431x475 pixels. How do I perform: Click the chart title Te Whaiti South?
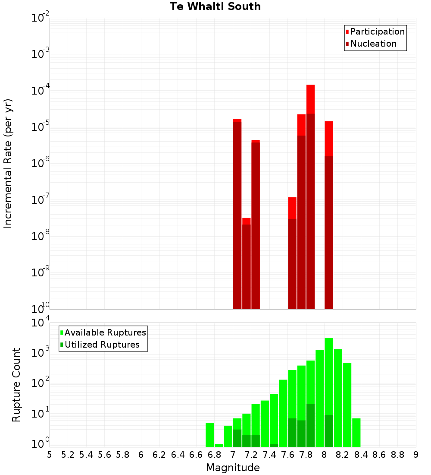click(215, 6)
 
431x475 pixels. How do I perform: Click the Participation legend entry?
click(378, 32)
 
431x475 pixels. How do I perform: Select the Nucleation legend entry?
click(373, 44)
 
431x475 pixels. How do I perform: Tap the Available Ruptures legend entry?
click(105, 332)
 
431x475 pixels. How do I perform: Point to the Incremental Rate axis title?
click(8, 163)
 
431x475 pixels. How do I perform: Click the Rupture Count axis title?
click(16, 384)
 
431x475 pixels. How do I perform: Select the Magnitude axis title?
click(233, 468)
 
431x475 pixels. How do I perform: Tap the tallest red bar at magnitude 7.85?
click(310, 194)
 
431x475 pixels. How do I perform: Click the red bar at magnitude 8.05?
click(329, 216)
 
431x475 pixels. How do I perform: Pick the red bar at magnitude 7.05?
click(237, 216)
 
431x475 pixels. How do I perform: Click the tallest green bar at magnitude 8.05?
click(329, 389)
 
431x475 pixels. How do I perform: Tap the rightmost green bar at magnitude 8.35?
click(356, 432)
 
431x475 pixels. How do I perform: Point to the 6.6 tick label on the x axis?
click(196, 455)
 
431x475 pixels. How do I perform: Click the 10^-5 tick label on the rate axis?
click(41, 127)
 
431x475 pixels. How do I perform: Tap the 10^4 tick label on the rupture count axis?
click(41, 323)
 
